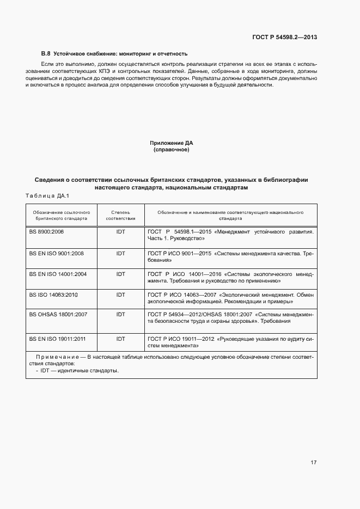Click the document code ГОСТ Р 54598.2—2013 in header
tap(285, 37)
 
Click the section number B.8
tap(46, 54)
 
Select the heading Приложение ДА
tap(172, 143)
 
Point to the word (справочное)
tap(172, 150)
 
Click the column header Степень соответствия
tap(120, 215)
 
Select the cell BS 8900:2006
tap(46, 232)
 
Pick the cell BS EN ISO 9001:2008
tap(56, 253)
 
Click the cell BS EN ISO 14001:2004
tap(58, 274)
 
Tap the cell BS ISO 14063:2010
tap(54, 295)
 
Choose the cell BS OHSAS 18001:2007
tap(58, 315)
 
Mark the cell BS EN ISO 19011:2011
tap(58, 339)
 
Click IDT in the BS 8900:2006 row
tap(120, 232)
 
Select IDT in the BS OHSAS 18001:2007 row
tap(120, 315)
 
